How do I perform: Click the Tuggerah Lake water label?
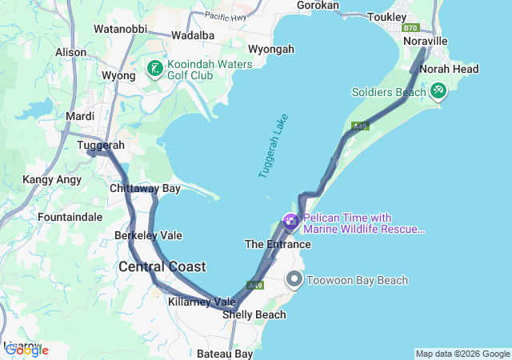274,146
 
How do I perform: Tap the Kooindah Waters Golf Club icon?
154,70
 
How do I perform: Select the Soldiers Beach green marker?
438,92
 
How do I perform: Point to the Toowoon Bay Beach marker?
294,280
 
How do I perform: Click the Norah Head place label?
449,70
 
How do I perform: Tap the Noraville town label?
424,41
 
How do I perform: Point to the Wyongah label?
271,49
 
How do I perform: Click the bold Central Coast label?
162,266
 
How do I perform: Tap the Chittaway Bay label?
145,189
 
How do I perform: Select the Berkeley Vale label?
148,236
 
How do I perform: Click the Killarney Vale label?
202,302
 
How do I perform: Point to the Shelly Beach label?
254,314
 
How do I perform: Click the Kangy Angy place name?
52,179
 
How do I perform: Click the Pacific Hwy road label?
226,16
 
